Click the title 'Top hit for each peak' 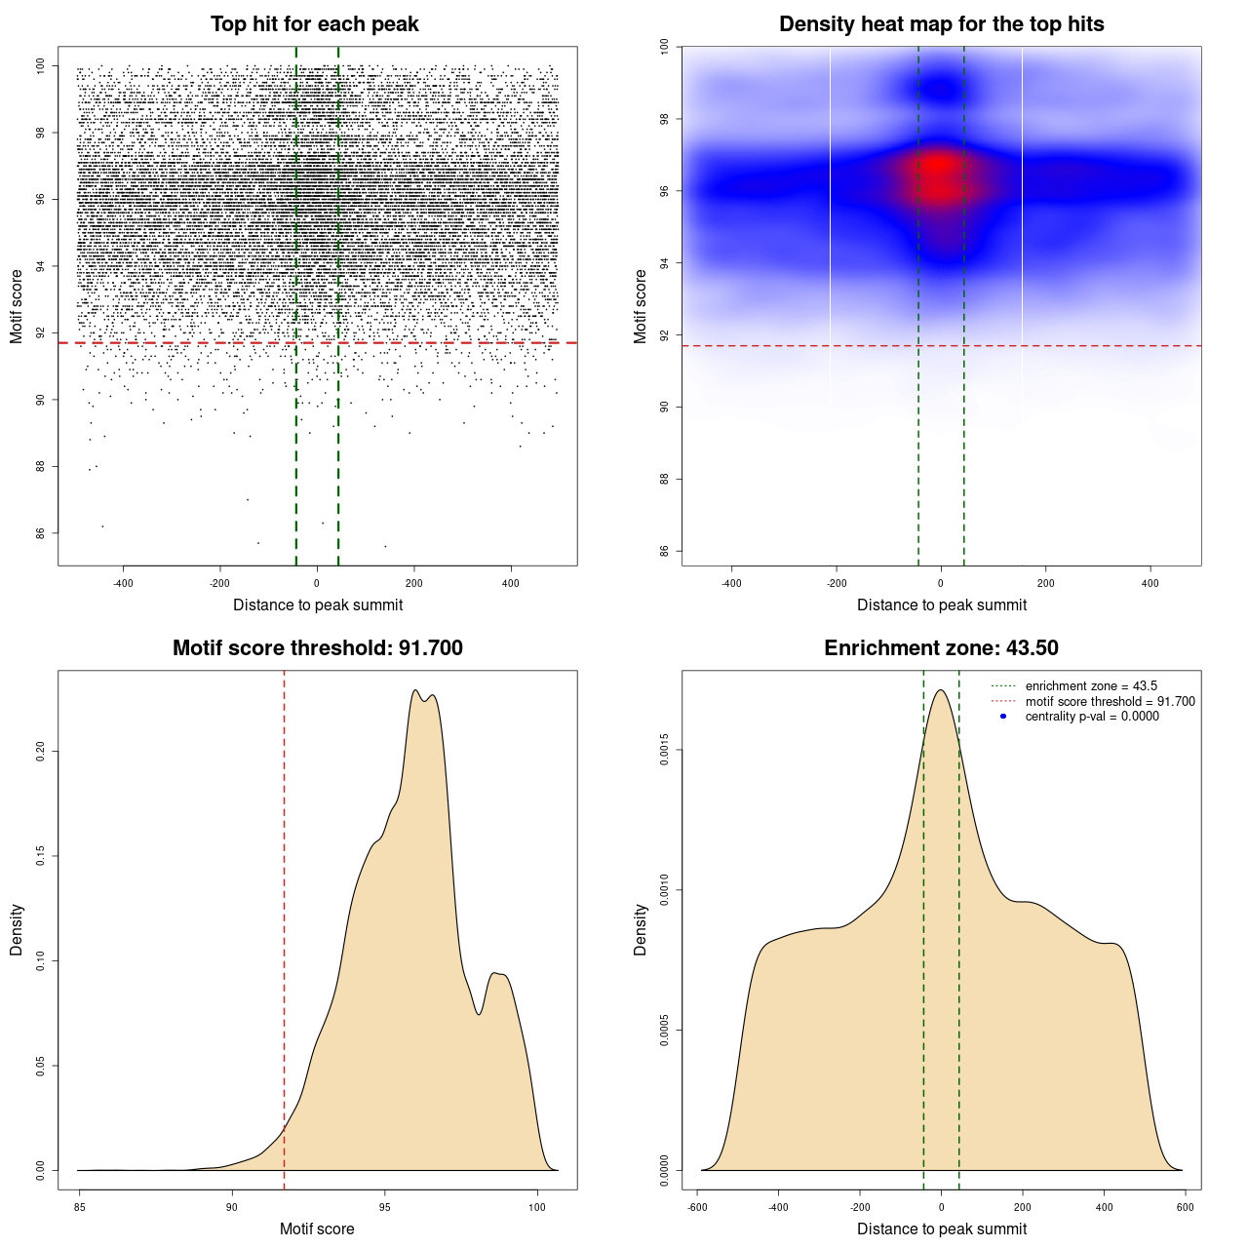click(x=315, y=24)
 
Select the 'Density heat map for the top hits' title click(x=941, y=24)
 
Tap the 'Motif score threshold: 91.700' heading click(x=317, y=648)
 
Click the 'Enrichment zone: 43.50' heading click(x=941, y=648)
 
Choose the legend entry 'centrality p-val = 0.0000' click(x=1092, y=717)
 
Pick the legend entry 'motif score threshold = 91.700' click(x=1110, y=702)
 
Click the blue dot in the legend click(x=1003, y=717)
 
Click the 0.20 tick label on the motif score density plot click(x=41, y=752)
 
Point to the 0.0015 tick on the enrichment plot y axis click(x=665, y=751)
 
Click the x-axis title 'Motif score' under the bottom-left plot click(x=317, y=1228)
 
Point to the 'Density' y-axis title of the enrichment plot click(x=641, y=929)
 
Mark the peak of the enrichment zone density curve click(x=941, y=690)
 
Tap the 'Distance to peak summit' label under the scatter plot click(x=318, y=604)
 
